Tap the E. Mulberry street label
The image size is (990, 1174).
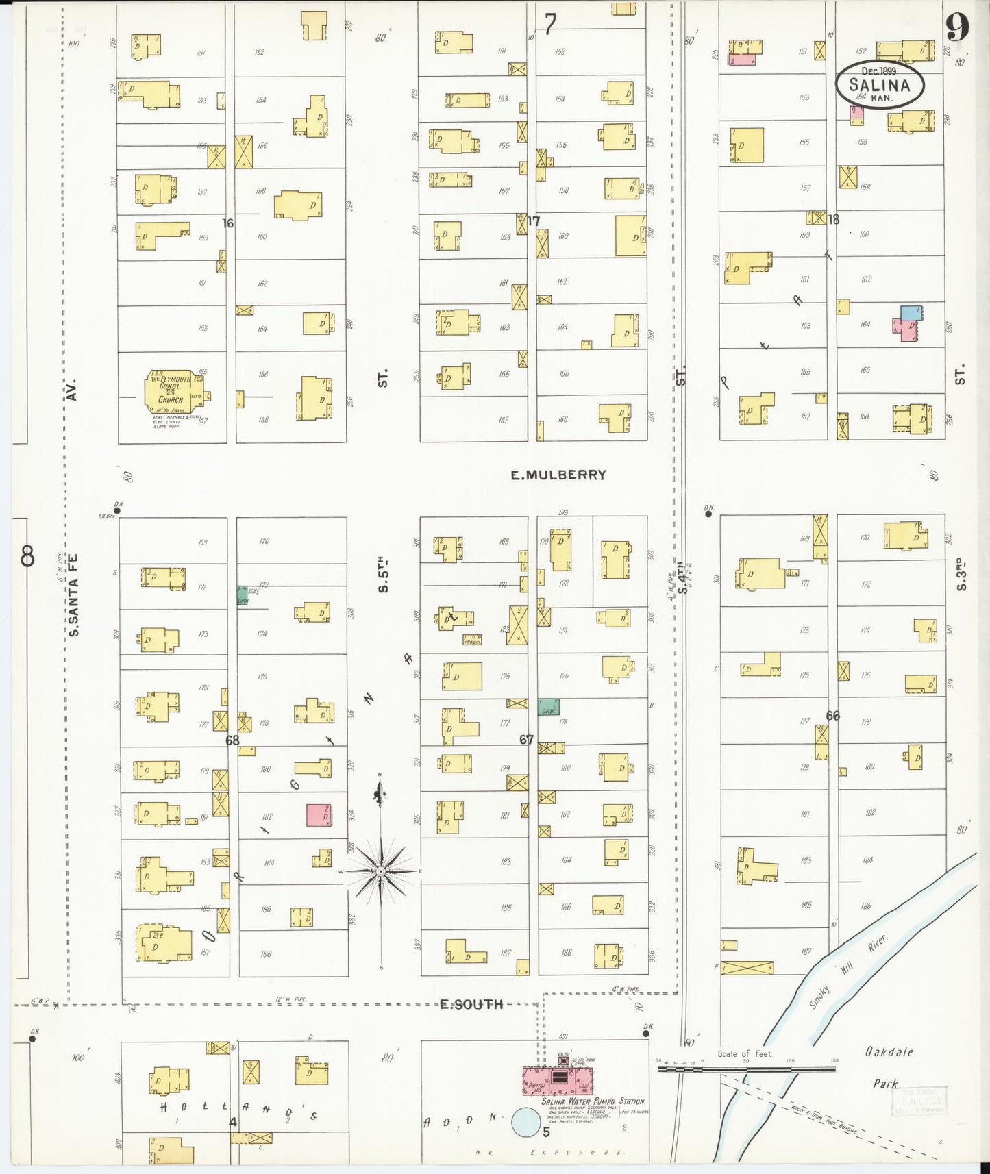pyautogui.click(x=558, y=475)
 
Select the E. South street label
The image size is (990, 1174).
pyautogui.click(x=471, y=1004)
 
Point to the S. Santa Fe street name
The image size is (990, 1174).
pyautogui.click(x=74, y=595)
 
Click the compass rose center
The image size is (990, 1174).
pyautogui.click(x=380, y=871)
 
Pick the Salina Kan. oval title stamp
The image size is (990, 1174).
pyautogui.click(x=880, y=84)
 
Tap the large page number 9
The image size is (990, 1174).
pyautogui.click(x=957, y=28)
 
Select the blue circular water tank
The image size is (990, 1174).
pyautogui.click(x=526, y=1121)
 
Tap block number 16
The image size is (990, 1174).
pyautogui.click(x=227, y=223)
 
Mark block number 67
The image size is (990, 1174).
pyautogui.click(x=526, y=740)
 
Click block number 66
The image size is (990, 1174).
pyautogui.click(x=832, y=716)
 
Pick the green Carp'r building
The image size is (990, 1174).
pyautogui.click(x=548, y=708)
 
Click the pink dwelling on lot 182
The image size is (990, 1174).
pyautogui.click(x=319, y=815)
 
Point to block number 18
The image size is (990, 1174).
pyautogui.click(x=833, y=220)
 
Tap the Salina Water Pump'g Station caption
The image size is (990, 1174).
pyautogui.click(x=593, y=1101)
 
